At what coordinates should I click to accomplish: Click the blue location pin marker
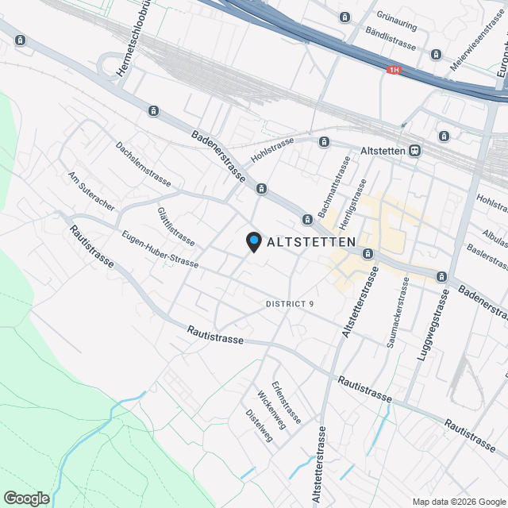[x=253, y=241]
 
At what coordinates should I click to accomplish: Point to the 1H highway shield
[x=394, y=71]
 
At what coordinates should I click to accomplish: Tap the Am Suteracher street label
[x=92, y=190]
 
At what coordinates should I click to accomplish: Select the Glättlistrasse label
[x=175, y=226]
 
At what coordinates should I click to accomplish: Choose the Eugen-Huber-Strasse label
[x=160, y=249]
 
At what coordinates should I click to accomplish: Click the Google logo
[x=26, y=498]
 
